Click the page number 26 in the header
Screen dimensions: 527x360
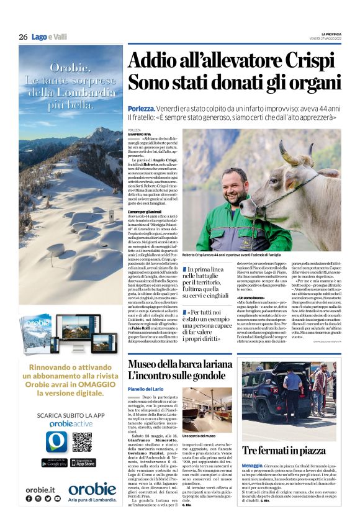tap(23, 37)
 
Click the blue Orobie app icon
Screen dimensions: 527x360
tap(56, 441)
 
